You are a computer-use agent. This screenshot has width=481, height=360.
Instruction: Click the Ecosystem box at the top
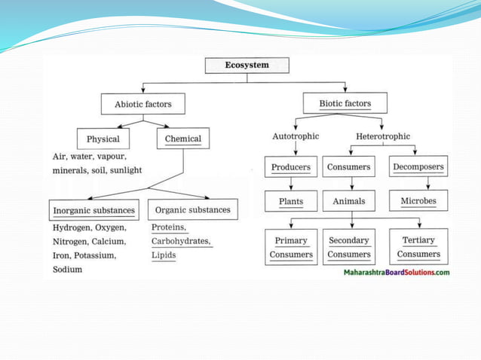coord(247,66)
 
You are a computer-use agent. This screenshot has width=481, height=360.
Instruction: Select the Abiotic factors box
coord(142,103)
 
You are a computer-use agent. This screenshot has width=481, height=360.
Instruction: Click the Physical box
coord(103,139)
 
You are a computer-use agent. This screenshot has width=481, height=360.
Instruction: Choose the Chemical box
coord(182,139)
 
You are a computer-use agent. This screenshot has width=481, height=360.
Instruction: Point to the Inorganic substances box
coord(93,209)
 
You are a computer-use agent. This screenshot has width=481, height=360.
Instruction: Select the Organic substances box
coord(193,209)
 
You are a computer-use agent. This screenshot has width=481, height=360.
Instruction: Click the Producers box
coord(291,166)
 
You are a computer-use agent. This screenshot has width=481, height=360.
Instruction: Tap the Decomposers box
coord(418,166)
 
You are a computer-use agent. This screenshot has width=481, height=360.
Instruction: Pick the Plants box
coord(291,201)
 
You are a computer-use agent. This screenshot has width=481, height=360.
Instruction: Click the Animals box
coord(348,201)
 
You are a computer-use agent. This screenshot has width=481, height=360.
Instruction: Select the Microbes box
coord(418,200)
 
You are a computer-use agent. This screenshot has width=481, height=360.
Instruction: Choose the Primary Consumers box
coord(291,247)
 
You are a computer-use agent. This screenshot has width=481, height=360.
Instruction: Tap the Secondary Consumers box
coord(348,247)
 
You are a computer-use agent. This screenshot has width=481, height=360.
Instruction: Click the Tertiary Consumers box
coord(418,246)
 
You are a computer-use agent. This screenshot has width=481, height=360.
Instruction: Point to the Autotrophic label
coord(296,136)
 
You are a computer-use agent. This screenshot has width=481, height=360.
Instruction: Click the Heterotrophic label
coord(383,136)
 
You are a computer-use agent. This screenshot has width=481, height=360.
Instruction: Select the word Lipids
coord(164,255)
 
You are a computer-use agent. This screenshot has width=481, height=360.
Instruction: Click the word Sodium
coord(67,270)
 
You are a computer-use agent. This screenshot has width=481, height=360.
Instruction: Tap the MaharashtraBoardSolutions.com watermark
coord(397,272)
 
